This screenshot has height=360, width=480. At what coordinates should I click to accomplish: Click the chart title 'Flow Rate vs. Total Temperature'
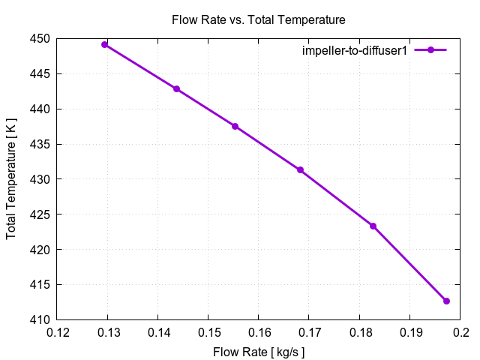[x=259, y=19]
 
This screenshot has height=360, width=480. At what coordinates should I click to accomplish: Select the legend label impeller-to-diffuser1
[x=354, y=49]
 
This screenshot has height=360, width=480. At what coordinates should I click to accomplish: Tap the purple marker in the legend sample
[x=430, y=49]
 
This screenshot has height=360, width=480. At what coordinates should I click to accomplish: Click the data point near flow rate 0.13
[x=105, y=44]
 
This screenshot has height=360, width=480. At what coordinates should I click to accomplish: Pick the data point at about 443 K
[x=176, y=88]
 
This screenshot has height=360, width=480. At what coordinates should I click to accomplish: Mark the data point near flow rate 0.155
[x=235, y=126]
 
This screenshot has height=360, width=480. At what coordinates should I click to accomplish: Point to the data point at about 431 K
[x=300, y=170]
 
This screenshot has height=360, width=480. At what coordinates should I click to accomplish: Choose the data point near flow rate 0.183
[x=373, y=226]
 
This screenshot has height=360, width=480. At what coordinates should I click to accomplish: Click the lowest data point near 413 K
[x=446, y=301]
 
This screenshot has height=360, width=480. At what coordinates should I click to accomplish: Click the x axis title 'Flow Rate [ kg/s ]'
[x=259, y=351]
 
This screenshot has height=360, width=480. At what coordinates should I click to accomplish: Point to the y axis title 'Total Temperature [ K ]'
[x=12, y=179]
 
